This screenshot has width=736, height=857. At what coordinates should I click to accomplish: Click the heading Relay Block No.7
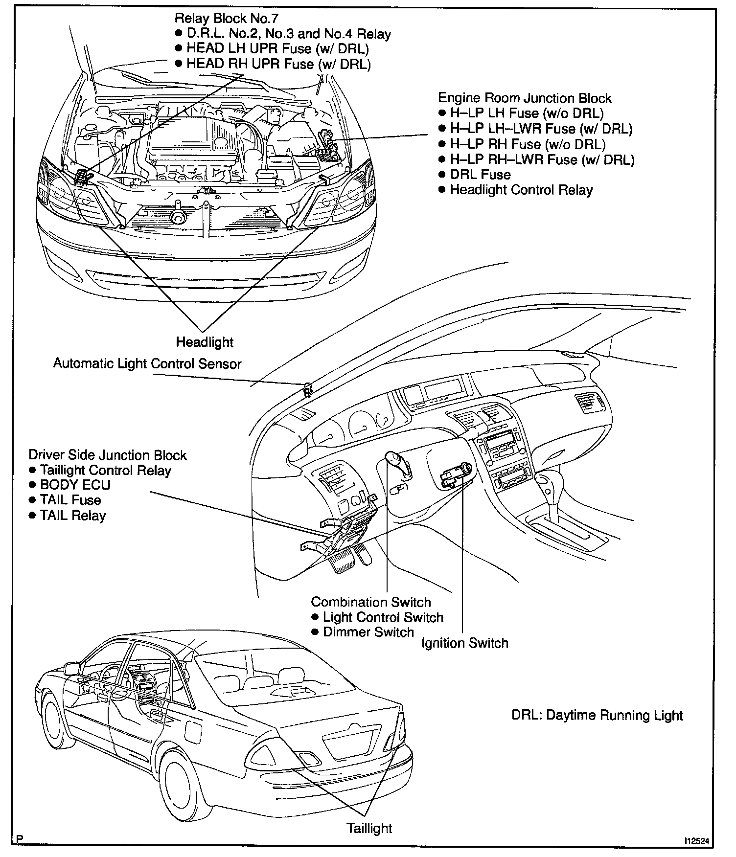coord(226,19)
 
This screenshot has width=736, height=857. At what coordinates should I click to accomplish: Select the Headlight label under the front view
coord(205,342)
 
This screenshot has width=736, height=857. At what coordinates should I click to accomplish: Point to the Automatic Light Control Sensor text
coord(147,364)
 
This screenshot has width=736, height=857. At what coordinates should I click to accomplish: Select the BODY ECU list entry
coord(75,485)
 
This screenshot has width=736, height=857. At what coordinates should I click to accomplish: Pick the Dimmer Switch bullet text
coord(368,632)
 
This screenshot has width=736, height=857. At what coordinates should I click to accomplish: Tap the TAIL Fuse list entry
coord(70,500)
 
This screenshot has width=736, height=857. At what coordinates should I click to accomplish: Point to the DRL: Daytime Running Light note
coord(597,715)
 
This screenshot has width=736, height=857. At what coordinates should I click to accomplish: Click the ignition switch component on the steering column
coord(456,475)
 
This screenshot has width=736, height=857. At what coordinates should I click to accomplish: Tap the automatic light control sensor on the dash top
coord(308,389)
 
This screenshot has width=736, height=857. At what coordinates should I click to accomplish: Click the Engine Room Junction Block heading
coord(524,98)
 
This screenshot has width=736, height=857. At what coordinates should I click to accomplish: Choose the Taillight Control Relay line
coord(105,470)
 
